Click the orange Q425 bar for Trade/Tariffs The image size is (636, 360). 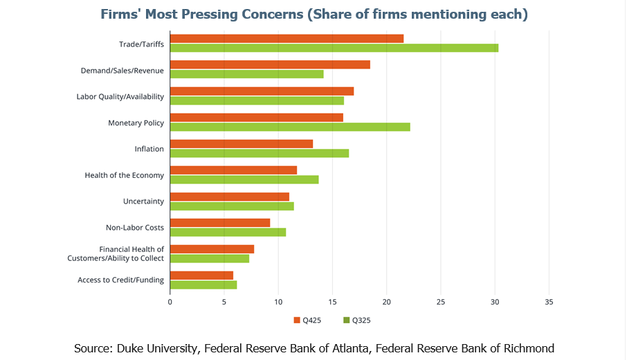[287, 38]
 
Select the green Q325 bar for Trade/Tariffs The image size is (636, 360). [334, 48]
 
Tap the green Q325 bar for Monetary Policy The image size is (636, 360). [290, 127]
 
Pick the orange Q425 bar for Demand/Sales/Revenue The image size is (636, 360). [270, 64]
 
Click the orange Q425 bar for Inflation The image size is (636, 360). [242, 143]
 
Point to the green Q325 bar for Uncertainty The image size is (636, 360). [232, 206]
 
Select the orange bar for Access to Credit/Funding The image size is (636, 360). [201, 275]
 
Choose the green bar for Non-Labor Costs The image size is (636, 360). [228, 232]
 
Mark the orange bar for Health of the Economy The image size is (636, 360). [233, 170]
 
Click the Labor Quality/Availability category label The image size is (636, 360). [120, 96]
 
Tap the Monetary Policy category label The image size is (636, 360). [136, 123]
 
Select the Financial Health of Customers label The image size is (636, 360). [131, 249]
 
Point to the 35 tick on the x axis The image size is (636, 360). [549, 302]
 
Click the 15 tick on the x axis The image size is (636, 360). [332, 302]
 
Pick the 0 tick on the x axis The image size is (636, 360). [170, 302]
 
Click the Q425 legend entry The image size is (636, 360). [306, 320]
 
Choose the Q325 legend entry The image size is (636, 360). [356, 320]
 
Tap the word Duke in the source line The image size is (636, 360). [134, 348]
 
